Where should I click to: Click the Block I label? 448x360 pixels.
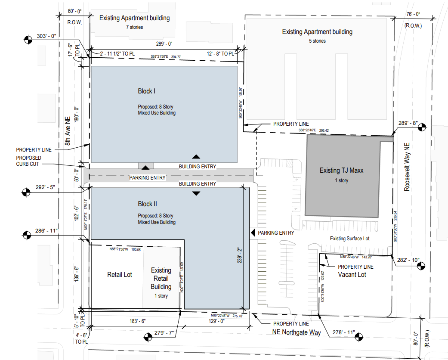[146, 91]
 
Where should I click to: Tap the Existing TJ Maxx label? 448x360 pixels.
[341, 171]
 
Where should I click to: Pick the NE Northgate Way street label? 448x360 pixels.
[297, 332]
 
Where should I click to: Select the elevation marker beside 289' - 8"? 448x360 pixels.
[422, 127]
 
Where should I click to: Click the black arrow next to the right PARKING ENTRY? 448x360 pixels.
[253, 233]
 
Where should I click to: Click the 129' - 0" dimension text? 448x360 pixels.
[216, 321]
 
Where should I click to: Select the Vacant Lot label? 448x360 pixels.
[352, 274]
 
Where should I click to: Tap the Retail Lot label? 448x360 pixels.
[120, 274]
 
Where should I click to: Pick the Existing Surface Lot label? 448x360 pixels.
[349, 239]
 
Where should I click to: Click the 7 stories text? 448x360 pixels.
[134, 27]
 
